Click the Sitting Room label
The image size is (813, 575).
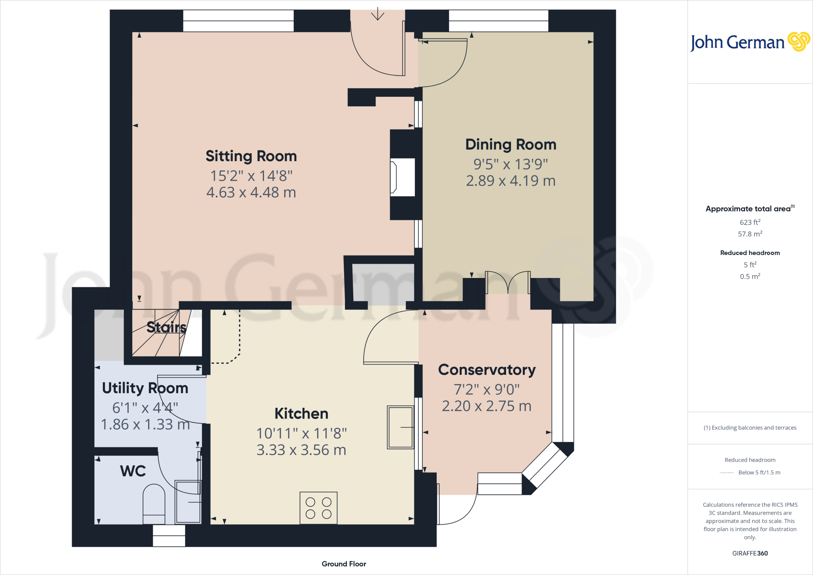coord(251,156)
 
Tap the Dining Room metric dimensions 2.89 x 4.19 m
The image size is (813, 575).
coord(511,181)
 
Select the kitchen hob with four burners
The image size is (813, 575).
coord(318,508)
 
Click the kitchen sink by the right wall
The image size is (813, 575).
coord(401,427)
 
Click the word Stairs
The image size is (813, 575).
coord(166,327)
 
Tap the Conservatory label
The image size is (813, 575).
coord(487,370)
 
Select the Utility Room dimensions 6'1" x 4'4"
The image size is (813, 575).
coord(145,408)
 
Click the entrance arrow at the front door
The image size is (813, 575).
coord(378,14)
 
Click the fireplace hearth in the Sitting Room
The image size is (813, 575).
coord(403,177)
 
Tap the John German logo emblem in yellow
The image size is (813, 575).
coord(798,42)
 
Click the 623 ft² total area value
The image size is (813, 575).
coord(750,222)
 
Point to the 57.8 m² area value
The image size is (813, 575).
coord(750,234)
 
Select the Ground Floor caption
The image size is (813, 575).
coord(344,564)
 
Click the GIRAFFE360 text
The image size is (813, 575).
coord(750,553)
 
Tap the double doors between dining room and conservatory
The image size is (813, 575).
coord(508,283)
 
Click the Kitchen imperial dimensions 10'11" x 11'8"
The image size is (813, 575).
coord(301,434)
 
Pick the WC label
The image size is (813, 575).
coord(133,471)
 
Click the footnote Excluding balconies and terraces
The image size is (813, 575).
coord(750,428)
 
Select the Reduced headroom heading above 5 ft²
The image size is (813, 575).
coord(750,253)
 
